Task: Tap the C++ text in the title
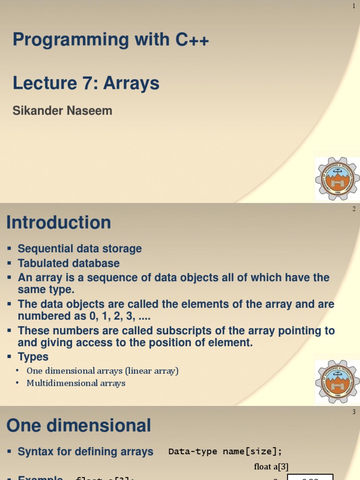(192, 40)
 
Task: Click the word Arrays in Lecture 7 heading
(131, 83)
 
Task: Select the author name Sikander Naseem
(62, 111)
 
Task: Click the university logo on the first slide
(337, 179)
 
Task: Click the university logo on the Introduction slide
(337, 382)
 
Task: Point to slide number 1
(354, 6)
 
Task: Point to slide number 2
(354, 209)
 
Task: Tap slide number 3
(354, 412)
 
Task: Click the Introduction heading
(59, 223)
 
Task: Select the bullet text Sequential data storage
(80, 249)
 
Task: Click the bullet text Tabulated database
(68, 263)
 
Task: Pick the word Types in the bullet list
(33, 357)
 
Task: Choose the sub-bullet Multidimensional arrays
(76, 383)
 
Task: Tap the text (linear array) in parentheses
(152, 371)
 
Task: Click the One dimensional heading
(79, 426)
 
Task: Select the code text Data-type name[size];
(225, 452)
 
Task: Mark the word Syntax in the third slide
(36, 452)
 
